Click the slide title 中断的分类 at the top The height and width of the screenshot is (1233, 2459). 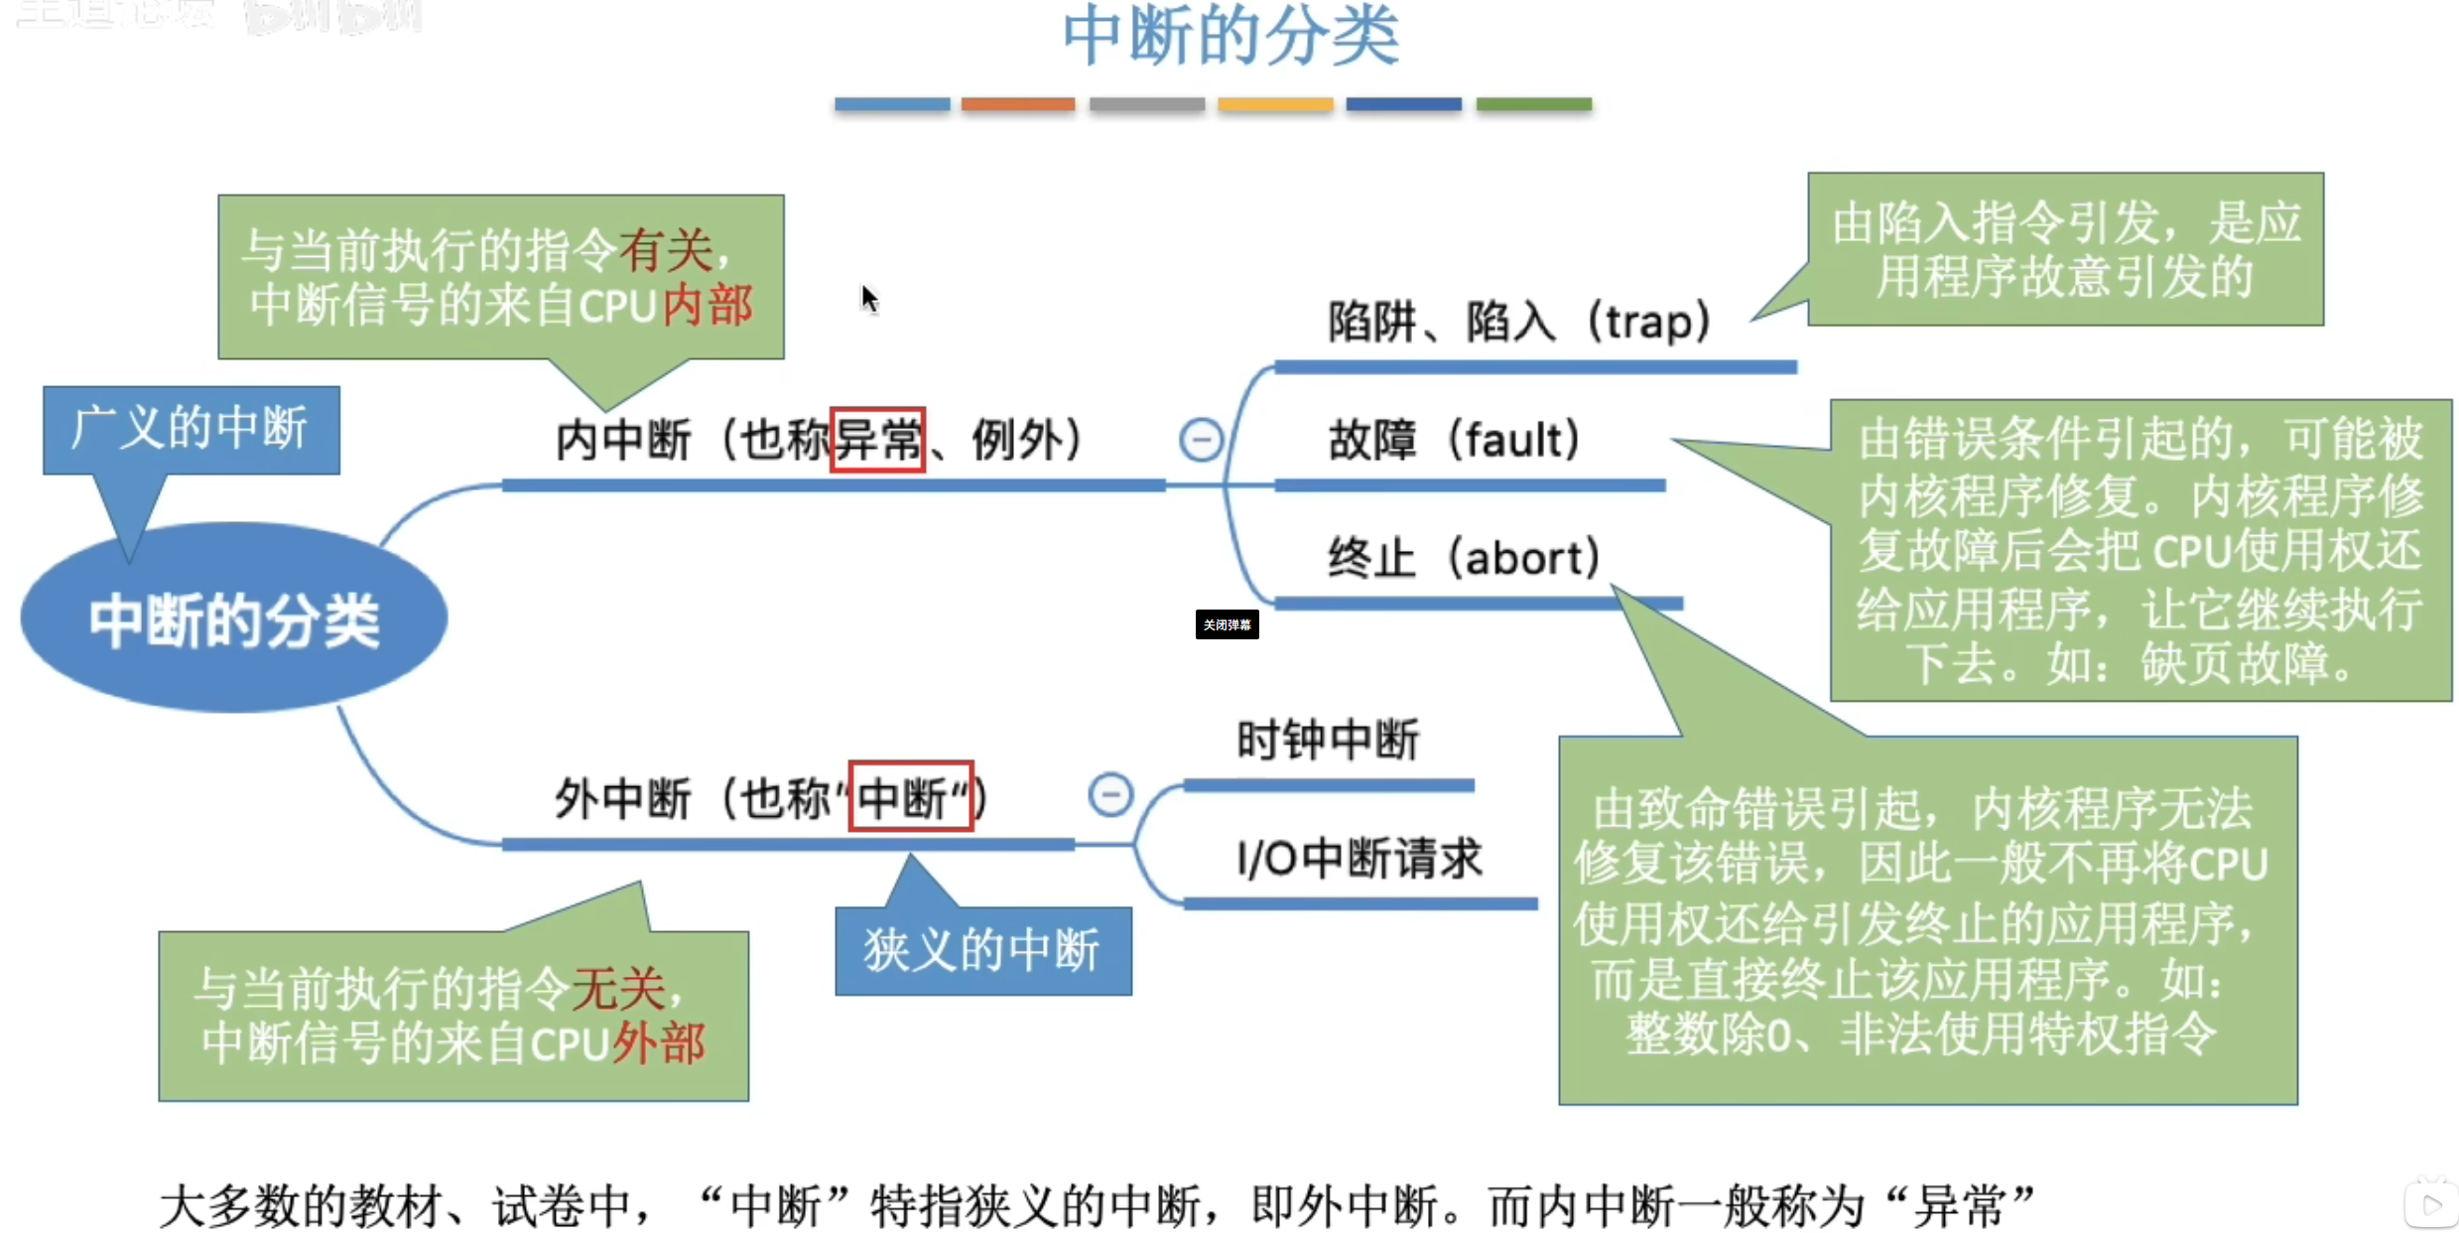[x=1230, y=36]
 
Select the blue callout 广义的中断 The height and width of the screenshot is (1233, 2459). [x=191, y=429]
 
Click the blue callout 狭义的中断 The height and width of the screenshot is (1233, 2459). [x=982, y=950]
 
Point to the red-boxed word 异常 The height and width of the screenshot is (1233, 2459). [x=877, y=439]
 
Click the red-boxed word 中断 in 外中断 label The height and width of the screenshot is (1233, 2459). [x=910, y=796]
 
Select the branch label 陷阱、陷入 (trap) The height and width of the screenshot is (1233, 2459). [x=1518, y=322]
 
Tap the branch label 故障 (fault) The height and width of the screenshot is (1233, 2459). [x=1454, y=439]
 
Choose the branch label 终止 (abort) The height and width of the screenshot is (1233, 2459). [x=1464, y=557]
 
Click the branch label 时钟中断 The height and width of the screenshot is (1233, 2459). [x=1328, y=740]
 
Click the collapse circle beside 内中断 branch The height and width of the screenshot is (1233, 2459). [x=1201, y=439]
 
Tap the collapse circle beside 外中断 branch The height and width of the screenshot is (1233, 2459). [x=1110, y=794]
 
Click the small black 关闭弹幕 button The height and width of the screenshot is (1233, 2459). [x=1227, y=624]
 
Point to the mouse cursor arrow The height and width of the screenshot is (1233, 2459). [x=869, y=298]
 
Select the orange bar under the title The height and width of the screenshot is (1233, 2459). [x=1018, y=104]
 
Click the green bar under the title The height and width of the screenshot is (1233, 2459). [x=1533, y=104]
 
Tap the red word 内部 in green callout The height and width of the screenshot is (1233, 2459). [x=709, y=305]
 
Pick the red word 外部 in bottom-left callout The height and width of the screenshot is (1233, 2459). [x=659, y=1042]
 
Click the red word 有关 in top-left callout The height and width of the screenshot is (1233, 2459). [x=666, y=249]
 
